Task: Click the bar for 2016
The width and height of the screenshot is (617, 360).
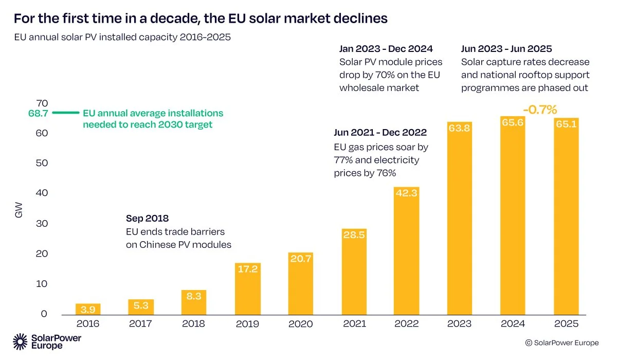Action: [88, 309]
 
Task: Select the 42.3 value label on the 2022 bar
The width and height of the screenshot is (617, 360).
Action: [407, 193]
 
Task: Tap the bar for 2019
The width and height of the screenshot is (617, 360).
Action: [248, 289]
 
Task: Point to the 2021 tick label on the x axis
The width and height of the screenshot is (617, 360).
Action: [354, 324]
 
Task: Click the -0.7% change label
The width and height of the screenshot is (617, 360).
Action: [540, 110]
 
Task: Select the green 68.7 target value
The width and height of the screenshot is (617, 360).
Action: [38, 114]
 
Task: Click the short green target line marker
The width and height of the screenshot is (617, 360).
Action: [66, 113]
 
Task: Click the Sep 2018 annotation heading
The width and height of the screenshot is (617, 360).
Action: [147, 218]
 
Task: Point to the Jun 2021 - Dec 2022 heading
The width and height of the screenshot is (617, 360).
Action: [380, 133]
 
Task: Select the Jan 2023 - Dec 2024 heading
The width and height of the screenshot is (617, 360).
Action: [386, 49]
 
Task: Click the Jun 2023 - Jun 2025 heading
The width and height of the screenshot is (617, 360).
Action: [506, 49]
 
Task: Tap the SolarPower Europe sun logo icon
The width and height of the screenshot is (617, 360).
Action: [20, 341]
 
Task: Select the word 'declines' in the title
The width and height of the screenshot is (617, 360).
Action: [359, 19]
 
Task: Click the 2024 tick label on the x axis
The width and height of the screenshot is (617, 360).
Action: [513, 324]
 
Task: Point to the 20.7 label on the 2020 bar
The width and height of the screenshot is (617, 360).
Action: [301, 259]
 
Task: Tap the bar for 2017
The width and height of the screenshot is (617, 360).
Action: [141, 307]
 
